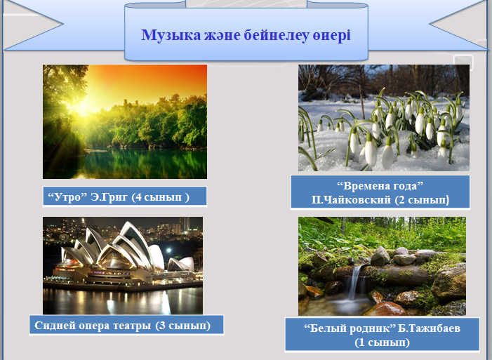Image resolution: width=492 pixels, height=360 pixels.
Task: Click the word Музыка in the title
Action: (x=171, y=35)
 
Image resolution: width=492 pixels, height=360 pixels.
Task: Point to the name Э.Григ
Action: (x=109, y=197)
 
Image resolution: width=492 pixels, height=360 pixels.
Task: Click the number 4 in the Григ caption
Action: (x=139, y=196)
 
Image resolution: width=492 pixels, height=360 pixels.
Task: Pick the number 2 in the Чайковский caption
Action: (x=401, y=199)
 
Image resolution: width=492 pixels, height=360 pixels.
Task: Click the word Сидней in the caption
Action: (x=55, y=325)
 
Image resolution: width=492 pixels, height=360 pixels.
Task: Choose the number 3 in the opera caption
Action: (x=162, y=325)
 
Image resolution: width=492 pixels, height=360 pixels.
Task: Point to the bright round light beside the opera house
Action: (x=169, y=250)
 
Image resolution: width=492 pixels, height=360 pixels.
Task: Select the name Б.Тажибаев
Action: (x=429, y=328)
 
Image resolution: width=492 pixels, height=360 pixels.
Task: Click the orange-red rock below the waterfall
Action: (x=385, y=309)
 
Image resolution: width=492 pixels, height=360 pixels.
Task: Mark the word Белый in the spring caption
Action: (x=326, y=328)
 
